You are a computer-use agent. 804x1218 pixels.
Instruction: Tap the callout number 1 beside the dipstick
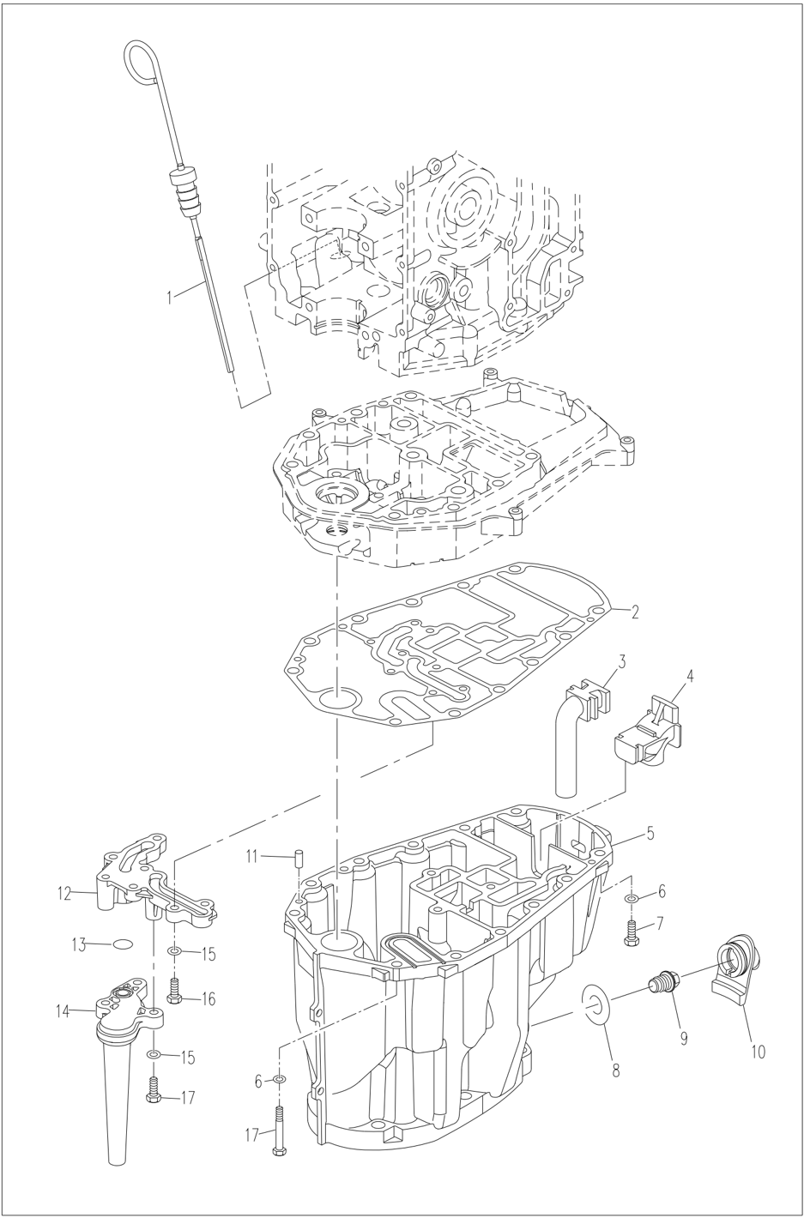click(170, 297)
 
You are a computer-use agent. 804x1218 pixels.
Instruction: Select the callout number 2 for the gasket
click(634, 612)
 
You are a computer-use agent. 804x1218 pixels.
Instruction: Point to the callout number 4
click(690, 675)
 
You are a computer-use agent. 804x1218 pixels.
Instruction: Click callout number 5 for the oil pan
click(650, 832)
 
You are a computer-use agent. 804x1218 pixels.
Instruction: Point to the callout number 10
click(759, 1050)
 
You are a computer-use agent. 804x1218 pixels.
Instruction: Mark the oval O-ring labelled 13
click(124, 944)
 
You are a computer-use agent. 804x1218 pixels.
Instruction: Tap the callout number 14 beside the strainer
click(63, 1011)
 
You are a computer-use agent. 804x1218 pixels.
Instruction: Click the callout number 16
click(209, 998)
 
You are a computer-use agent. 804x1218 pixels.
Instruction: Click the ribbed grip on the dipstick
click(186, 192)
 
